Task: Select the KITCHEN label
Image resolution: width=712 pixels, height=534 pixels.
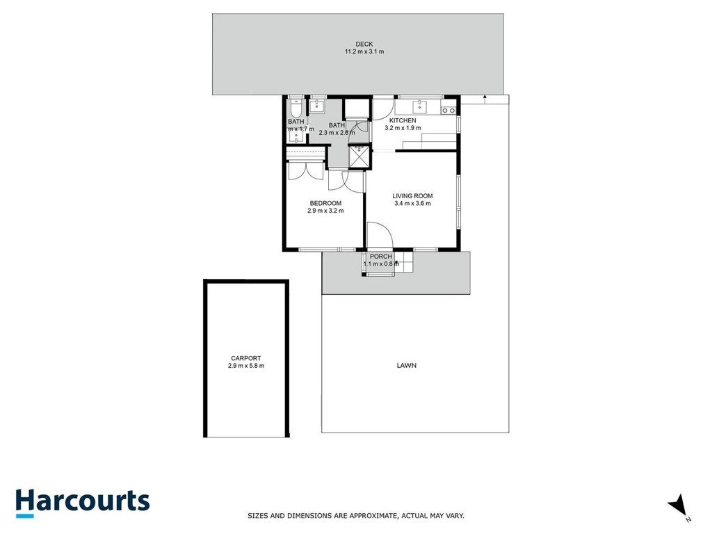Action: [x=403, y=120]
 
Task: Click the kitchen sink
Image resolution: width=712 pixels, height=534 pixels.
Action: [x=419, y=106]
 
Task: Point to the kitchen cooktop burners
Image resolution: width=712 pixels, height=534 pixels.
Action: [x=448, y=110]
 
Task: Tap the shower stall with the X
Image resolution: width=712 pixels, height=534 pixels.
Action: [x=359, y=156]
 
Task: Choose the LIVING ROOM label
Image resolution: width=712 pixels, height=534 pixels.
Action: [x=412, y=196]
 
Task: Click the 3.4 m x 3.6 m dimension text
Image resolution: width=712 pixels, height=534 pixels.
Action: [x=412, y=204]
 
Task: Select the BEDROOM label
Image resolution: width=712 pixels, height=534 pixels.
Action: [x=325, y=203]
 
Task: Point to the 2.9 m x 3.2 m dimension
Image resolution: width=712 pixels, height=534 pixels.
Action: [x=325, y=211]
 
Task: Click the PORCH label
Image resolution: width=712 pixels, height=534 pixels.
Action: [x=381, y=257]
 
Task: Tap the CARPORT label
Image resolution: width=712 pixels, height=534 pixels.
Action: [x=246, y=358]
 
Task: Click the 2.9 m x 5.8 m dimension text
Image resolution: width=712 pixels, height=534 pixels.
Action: [x=246, y=366]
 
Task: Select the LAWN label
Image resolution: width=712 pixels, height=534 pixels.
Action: [x=407, y=365]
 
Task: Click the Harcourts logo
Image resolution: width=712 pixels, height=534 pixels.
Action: [x=82, y=502]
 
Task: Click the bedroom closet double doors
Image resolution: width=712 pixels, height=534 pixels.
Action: [x=305, y=171]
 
